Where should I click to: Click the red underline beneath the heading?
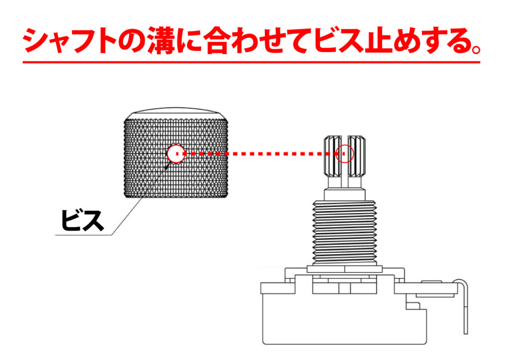point(251,62)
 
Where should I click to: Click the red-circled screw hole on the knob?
point(176,154)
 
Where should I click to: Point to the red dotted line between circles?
point(258,154)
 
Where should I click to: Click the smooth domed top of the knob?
point(176,112)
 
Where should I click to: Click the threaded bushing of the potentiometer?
point(345,229)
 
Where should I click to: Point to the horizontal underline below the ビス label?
point(85,235)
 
